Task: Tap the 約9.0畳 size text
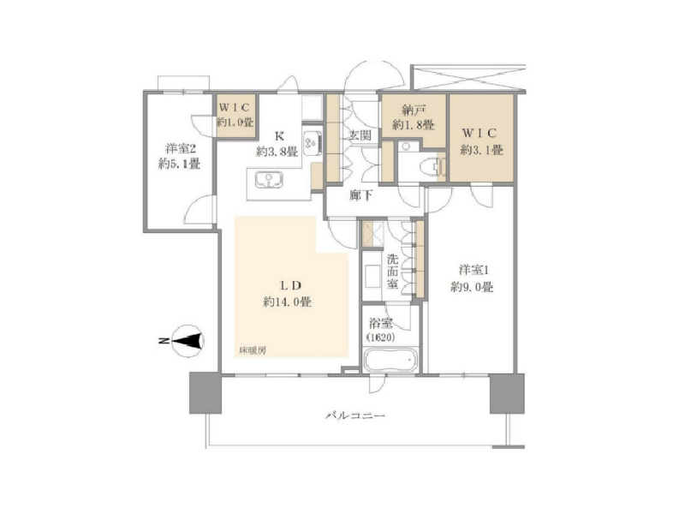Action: point(473,287)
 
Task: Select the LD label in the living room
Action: point(290,285)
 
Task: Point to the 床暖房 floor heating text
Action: point(253,350)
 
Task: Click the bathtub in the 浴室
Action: point(390,361)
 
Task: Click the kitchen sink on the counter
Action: point(268,181)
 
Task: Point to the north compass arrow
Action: point(188,341)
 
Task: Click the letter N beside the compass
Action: point(163,341)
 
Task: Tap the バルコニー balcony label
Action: point(355,415)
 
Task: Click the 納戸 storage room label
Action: point(413,110)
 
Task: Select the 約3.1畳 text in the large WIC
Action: point(481,151)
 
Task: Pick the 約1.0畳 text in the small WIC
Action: point(235,122)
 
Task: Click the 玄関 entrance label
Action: point(360,135)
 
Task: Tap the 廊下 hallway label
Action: point(360,195)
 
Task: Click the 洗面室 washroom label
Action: point(392,272)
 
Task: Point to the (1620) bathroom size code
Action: point(381,338)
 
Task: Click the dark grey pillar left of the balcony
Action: point(205,393)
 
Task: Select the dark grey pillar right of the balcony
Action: point(507,393)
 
